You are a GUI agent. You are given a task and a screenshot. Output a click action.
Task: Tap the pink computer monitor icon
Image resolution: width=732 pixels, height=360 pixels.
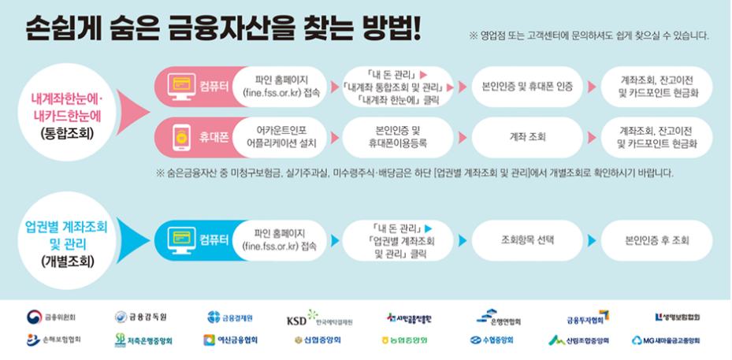coord(180,85)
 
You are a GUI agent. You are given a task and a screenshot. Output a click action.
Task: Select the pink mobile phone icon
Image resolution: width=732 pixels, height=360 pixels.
coord(180,136)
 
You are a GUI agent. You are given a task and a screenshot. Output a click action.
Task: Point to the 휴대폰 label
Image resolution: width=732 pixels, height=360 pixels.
coord(214,136)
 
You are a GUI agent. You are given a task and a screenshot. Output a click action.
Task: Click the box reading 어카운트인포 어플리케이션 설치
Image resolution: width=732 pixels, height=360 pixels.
coord(281,136)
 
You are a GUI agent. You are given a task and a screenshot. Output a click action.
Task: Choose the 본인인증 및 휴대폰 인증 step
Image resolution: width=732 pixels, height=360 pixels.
coord(522,85)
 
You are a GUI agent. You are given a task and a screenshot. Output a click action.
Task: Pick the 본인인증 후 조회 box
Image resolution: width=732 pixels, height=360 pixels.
coord(657,238)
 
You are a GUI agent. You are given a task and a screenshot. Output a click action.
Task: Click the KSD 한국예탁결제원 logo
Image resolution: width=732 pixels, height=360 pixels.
coord(319,319)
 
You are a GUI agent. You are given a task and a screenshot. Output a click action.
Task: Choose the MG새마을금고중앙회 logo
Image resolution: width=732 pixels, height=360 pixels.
coord(666,340)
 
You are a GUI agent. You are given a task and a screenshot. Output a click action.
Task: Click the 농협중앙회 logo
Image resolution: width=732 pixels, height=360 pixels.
coord(403,340)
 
